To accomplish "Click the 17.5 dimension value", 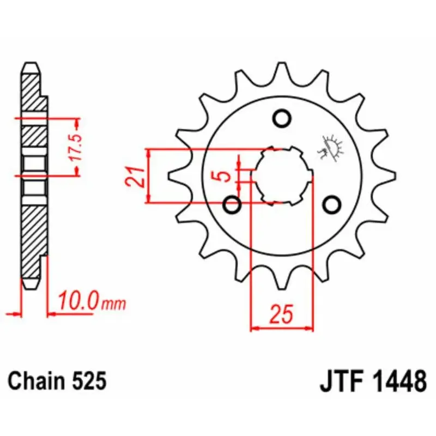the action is (76, 148).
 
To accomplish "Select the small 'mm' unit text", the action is (113, 304).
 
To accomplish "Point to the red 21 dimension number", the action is (135, 177).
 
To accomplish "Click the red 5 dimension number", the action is (225, 175).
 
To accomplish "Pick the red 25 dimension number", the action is (281, 314).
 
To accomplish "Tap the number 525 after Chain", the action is (89, 380).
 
